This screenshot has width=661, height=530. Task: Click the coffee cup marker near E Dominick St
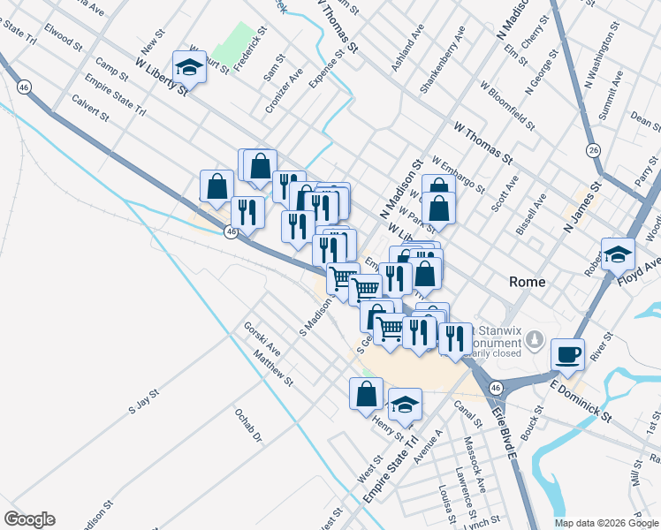566,354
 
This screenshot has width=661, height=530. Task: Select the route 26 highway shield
593,151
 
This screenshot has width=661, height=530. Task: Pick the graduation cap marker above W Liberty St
189,64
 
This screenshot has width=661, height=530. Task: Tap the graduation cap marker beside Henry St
405,404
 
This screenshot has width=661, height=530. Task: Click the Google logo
29,519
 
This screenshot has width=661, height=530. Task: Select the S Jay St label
143,402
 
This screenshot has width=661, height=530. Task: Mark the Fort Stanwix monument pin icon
534,339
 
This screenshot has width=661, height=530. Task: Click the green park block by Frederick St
234,41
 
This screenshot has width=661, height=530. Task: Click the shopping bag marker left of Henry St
366,393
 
